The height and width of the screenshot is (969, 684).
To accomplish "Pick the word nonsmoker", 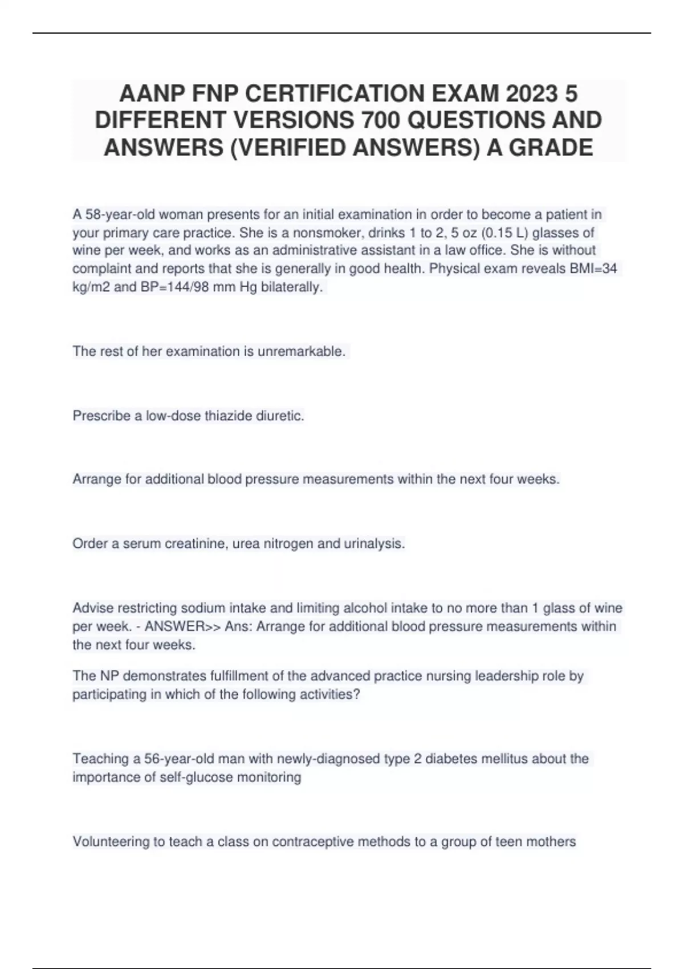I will (323, 233).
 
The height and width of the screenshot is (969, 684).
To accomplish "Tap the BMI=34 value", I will (593, 268).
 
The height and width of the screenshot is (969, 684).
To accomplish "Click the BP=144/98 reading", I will (174, 287).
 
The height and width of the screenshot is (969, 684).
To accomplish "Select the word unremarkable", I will (302, 351).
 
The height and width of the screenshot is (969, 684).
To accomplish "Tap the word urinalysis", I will (374, 544).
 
